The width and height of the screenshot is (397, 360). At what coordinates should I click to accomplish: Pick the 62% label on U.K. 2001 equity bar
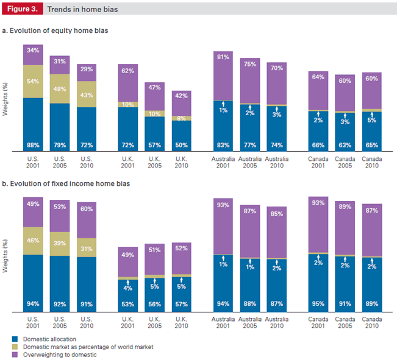128,71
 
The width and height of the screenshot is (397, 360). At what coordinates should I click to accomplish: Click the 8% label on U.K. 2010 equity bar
181,119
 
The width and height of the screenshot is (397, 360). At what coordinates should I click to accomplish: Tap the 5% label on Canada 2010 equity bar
371,120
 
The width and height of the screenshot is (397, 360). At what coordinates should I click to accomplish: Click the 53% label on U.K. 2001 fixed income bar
128,304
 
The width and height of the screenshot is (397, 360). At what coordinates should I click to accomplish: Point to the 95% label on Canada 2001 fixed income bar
318,304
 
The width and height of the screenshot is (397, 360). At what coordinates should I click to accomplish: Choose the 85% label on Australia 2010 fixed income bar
276,214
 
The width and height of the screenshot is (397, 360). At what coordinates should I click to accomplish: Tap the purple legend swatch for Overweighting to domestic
15,354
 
